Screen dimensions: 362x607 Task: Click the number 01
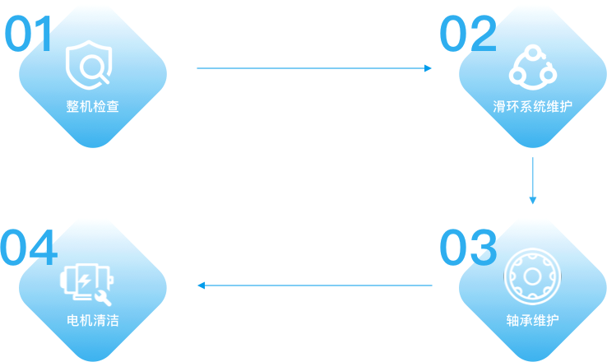coord(30,34)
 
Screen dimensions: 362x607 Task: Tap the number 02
coord(467,34)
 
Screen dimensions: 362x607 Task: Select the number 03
coord(467,248)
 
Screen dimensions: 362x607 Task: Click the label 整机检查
coord(93,107)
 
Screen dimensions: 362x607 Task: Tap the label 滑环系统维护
coord(533,107)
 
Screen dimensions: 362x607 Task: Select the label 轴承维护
coord(533,319)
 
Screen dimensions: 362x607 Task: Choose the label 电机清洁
coord(93,319)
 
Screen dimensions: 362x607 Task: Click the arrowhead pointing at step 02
coord(429,68)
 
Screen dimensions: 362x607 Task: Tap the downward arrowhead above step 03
coord(533,200)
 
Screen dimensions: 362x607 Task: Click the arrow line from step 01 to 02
coord(313,68)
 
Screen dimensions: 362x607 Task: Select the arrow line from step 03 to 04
coord(317,285)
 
